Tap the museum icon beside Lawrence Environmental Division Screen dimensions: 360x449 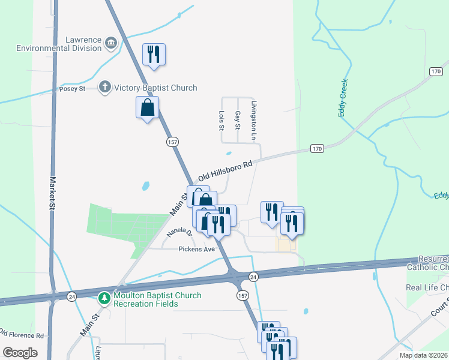click(x=110, y=43)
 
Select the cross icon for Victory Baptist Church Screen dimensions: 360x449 click(x=105, y=88)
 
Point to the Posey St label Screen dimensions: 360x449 click(x=73, y=89)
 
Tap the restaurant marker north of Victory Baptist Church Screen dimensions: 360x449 click(x=154, y=55)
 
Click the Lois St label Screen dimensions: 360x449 click(x=221, y=120)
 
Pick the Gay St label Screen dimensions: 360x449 click(x=238, y=120)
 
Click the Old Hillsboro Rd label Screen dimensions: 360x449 click(x=224, y=170)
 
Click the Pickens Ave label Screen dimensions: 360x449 click(x=196, y=249)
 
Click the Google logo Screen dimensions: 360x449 click(x=20, y=353)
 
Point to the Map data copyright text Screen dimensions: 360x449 click(x=423, y=355)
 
